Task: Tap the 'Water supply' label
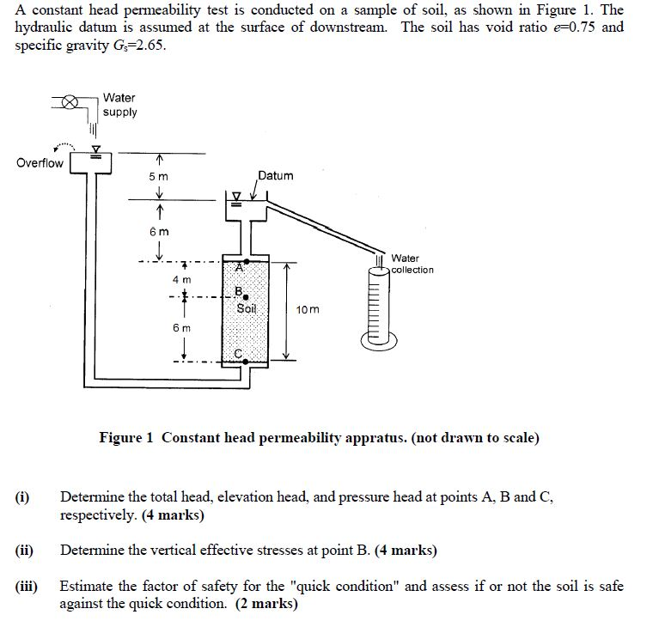pyautogui.click(x=119, y=105)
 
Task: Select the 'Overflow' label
pyautogui.click(x=40, y=163)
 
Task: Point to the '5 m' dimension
pyautogui.click(x=159, y=176)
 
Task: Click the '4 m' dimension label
pyautogui.click(x=180, y=280)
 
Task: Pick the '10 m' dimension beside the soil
pyautogui.click(x=307, y=309)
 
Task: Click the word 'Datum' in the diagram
pyautogui.click(x=276, y=175)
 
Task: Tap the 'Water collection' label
pyautogui.click(x=412, y=264)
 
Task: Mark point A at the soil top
pyautogui.click(x=247, y=260)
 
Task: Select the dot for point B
pyautogui.click(x=246, y=297)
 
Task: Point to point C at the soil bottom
pyautogui.click(x=247, y=362)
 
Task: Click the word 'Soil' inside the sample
pyautogui.click(x=247, y=308)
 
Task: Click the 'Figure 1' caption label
pyautogui.click(x=125, y=438)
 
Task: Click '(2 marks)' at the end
pyautogui.click(x=266, y=604)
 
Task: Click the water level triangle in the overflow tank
pyautogui.click(x=96, y=147)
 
